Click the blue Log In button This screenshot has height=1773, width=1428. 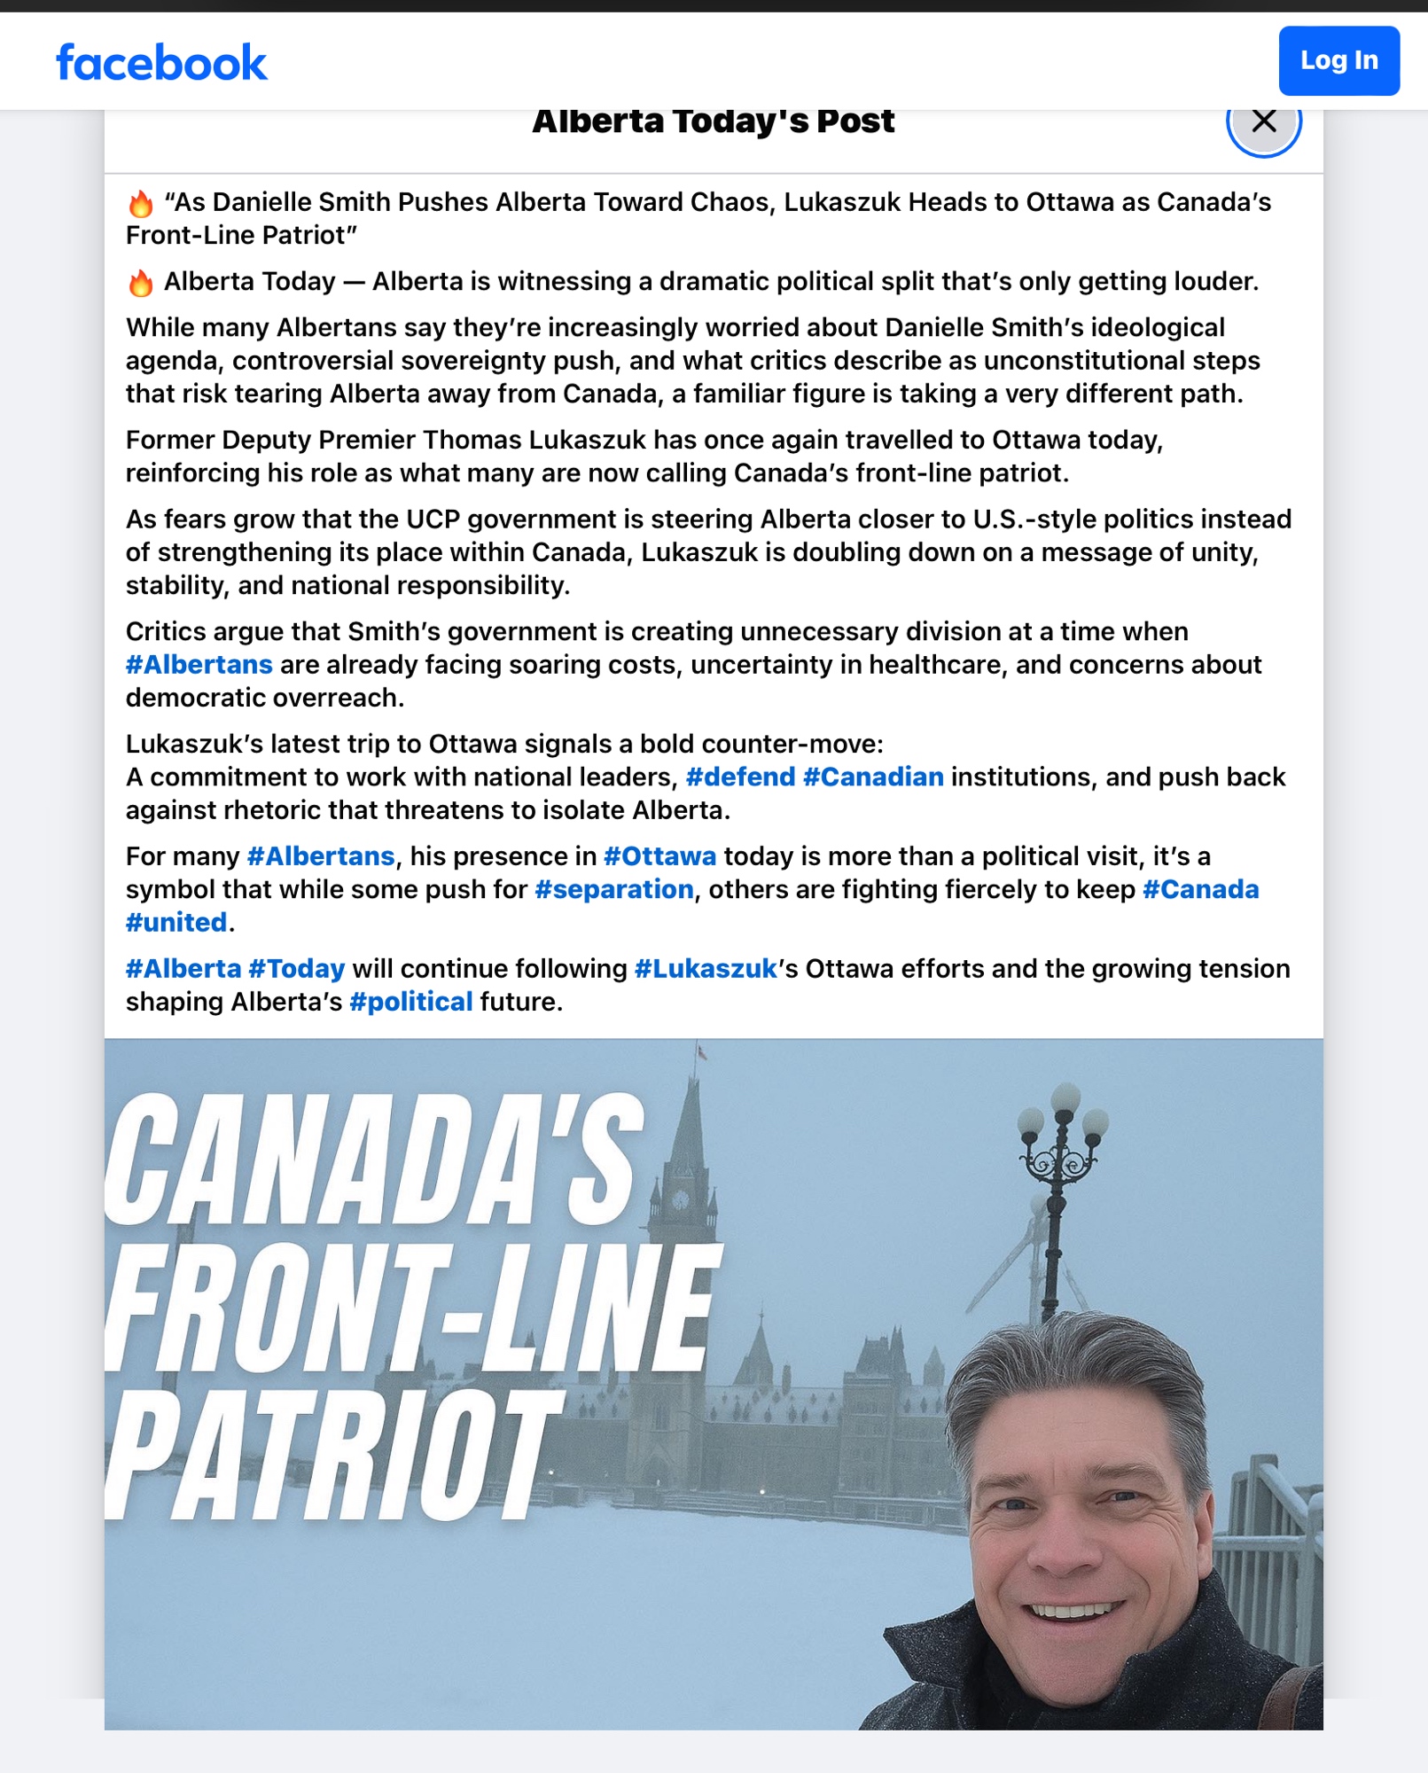(1338, 60)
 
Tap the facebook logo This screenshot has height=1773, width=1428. (161, 63)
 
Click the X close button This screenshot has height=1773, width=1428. (1263, 121)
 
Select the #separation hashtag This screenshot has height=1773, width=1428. (613, 889)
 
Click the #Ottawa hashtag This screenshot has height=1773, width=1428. (659, 856)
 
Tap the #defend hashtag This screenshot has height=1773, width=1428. (740, 777)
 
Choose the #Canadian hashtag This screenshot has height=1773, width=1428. (873, 777)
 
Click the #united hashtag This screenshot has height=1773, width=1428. (176, 923)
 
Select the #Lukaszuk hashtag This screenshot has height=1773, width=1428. (706, 969)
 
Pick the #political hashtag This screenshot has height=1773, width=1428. (411, 1002)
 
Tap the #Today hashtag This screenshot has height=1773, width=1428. (297, 969)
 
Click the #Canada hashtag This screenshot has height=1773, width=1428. (1200, 889)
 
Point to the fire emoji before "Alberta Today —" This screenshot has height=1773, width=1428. (141, 283)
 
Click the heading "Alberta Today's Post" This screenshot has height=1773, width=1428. (713, 121)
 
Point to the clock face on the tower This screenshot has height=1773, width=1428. (681, 1199)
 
